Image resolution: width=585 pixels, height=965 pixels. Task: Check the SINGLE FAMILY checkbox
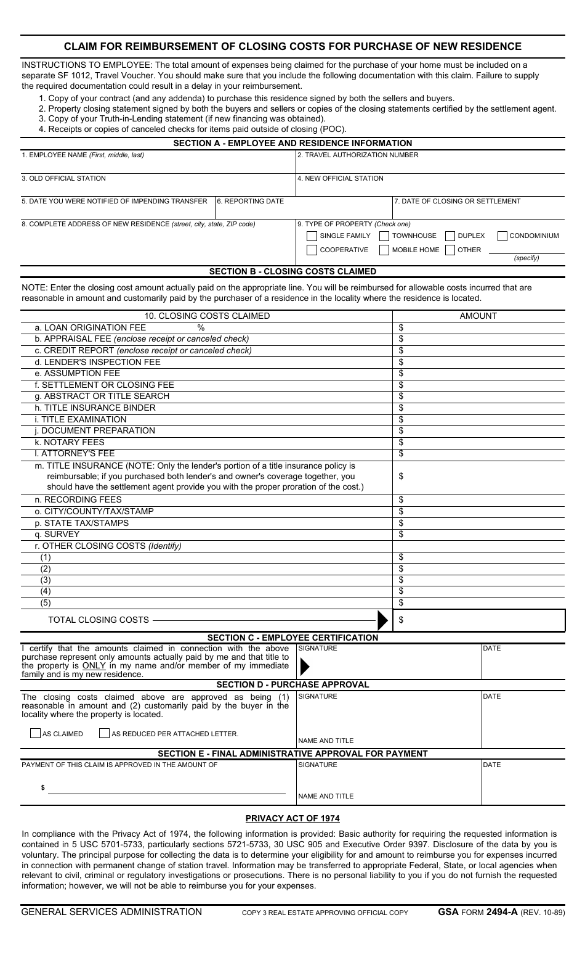coord(312,236)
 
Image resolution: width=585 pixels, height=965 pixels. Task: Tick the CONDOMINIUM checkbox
coord(502,236)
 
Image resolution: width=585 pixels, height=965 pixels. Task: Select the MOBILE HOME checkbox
coord(384,250)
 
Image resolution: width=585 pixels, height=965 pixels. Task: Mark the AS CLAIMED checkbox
coord(36,734)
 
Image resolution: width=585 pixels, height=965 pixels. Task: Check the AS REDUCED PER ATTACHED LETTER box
coord(105,734)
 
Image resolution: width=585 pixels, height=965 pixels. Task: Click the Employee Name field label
coord(83,155)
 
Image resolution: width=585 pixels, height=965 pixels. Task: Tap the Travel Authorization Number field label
coord(358,155)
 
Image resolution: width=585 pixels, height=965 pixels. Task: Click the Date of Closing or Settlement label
coord(458,201)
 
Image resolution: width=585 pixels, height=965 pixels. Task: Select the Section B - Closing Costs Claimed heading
coord(292,271)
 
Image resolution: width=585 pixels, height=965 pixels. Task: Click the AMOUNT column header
coord(478,316)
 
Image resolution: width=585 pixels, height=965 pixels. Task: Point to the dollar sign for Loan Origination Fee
coord(401,327)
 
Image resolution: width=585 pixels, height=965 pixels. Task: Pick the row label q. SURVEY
coord(57,535)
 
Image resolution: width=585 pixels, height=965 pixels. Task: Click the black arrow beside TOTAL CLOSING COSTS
coord(382,620)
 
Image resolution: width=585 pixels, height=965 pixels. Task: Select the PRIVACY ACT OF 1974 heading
coord(292,819)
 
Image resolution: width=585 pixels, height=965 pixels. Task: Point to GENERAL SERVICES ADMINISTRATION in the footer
coord(111,912)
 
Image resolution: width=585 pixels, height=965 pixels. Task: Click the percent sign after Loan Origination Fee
coord(201,327)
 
